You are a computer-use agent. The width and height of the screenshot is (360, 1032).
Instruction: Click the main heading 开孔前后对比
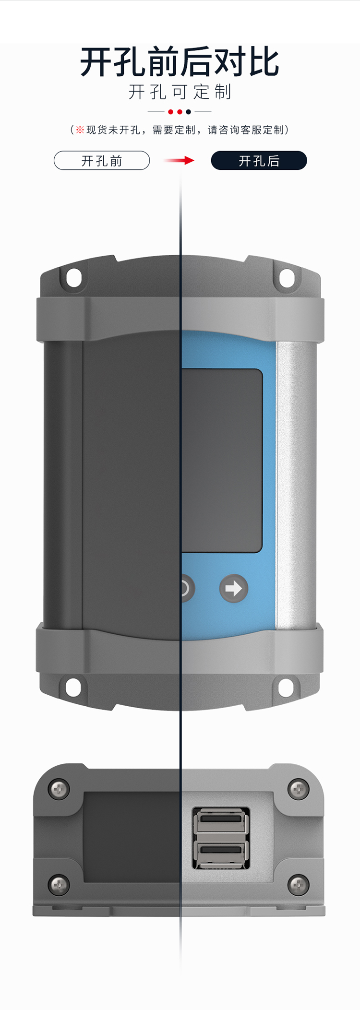pyautogui.click(x=180, y=62)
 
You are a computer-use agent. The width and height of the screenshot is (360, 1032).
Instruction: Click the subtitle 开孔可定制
pyautogui.click(x=180, y=92)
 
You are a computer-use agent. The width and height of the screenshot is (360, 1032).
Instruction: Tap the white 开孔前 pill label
pyautogui.click(x=102, y=161)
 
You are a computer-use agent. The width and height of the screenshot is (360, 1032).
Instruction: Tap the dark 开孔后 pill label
pyautogui.click(x=259, y=161)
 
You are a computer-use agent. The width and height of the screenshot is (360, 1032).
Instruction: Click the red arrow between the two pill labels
pyautogui.click(x=179, y=160)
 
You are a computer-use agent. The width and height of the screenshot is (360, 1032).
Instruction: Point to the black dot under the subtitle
pyautogui.click(x=189, y=112)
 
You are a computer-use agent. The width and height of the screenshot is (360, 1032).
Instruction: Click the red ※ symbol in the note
pyautogui.click(x=80, y=130)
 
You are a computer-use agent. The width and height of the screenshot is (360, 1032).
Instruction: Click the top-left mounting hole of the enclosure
pyautogui.click(x=73, y=277)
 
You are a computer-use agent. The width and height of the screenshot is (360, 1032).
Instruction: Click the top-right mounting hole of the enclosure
pyautogui.click(x=287, y=277)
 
